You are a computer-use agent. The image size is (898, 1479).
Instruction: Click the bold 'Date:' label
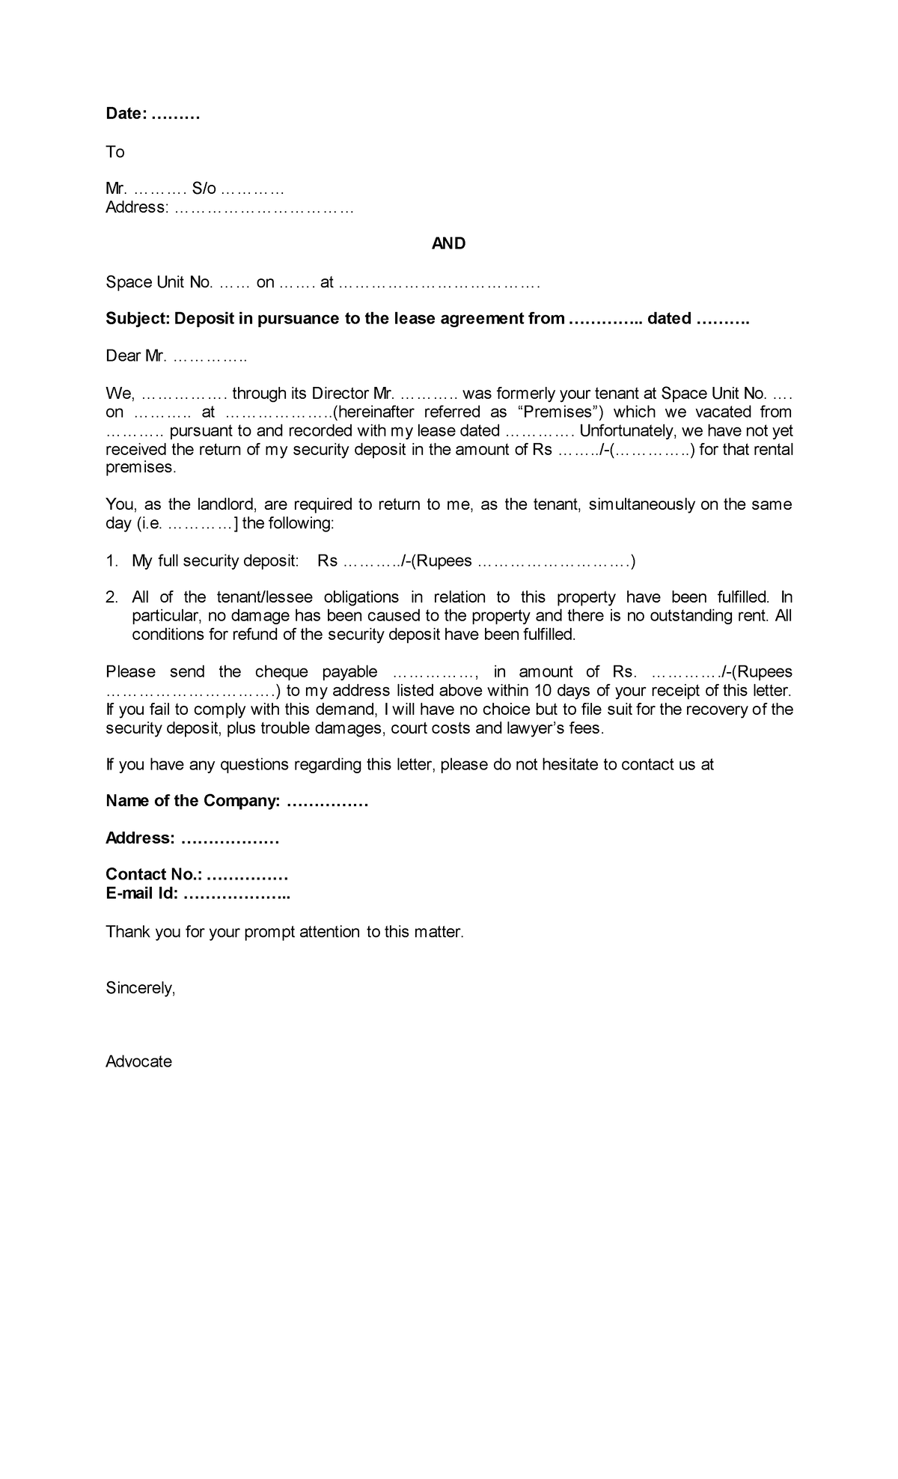125,114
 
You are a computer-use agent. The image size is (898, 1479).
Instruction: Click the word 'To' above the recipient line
114,152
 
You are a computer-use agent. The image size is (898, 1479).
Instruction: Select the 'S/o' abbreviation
204,189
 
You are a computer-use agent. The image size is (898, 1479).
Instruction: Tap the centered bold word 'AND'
448,243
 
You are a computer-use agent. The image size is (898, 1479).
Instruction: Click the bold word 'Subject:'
138,319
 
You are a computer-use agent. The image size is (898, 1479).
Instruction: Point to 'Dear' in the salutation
123,356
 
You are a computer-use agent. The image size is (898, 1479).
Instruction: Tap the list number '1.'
112,561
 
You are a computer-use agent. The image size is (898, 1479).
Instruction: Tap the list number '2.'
112,597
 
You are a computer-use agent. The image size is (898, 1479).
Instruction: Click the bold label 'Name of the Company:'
192,802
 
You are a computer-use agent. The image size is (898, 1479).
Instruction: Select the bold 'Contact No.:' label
153,875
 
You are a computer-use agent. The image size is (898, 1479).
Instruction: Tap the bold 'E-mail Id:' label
141,894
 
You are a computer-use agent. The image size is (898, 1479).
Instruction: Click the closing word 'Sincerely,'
140,988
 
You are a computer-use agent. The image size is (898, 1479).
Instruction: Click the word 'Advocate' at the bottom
138,1061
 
